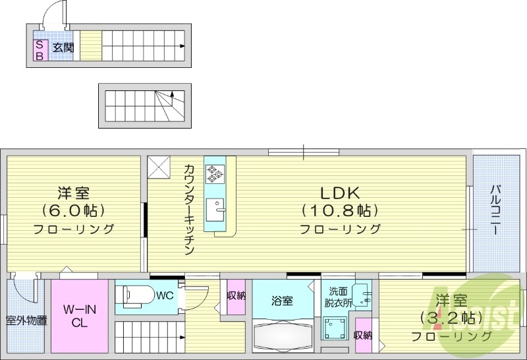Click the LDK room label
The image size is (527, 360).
click(339, 193)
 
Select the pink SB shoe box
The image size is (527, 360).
click(40, 50)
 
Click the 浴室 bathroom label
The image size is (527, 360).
click(283, 301)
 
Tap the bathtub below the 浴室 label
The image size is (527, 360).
click(283, 337)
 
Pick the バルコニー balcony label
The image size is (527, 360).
click(494, 211)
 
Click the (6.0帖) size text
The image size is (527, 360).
click(73, 211)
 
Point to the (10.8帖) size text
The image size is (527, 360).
click(339, 211)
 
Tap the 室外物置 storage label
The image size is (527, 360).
click(26, 321)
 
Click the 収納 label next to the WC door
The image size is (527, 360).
click(236, 296)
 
